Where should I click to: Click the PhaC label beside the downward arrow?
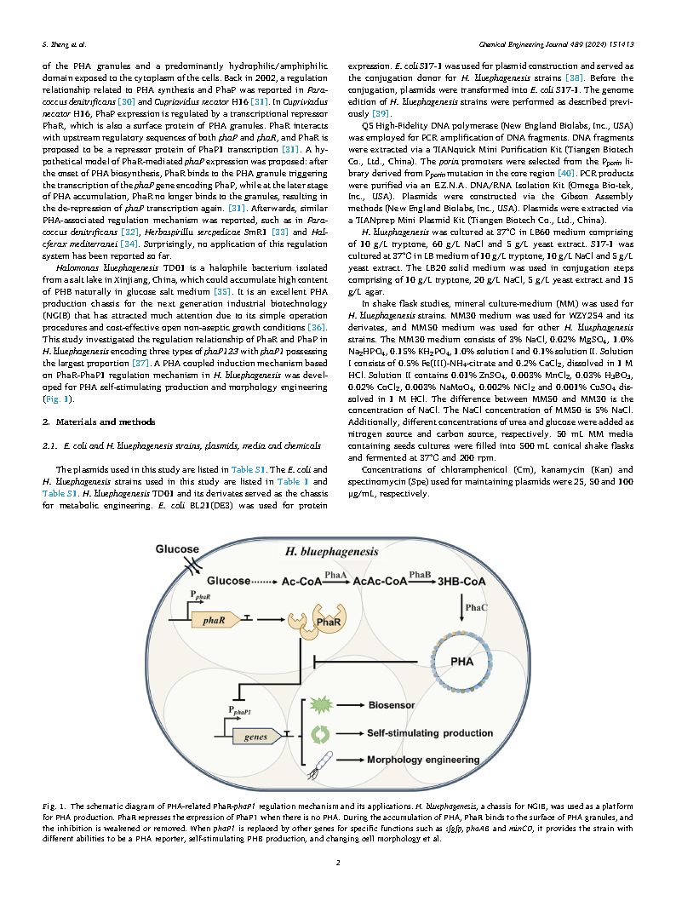(476, 605)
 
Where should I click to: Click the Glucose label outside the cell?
(176, 549)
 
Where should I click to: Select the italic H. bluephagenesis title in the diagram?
(331, 552)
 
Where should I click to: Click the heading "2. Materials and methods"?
(98, 422)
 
